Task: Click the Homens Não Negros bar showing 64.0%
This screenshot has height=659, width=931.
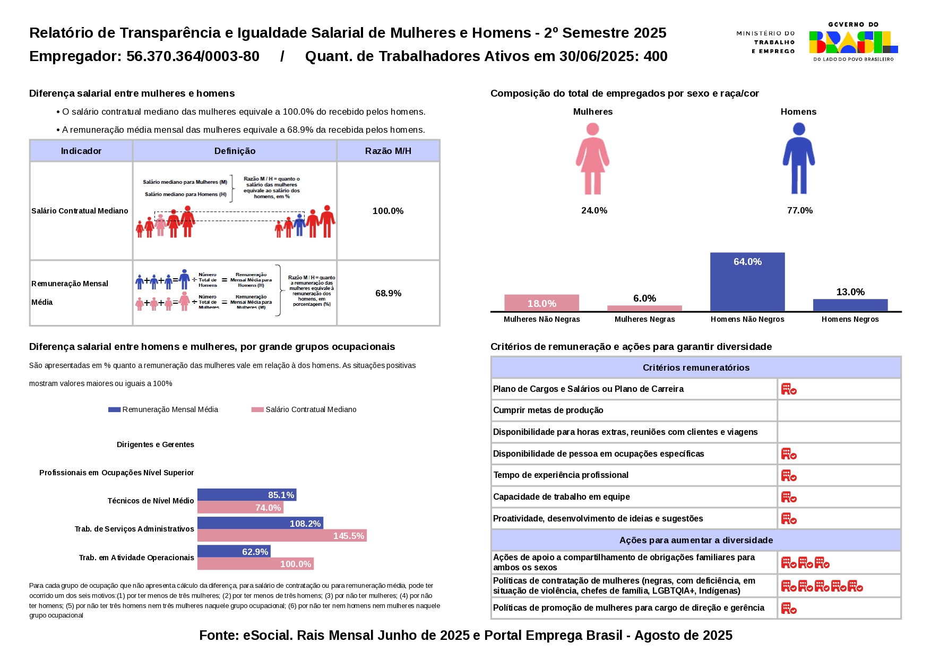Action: [747, 281]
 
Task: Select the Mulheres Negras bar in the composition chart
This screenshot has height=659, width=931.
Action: [644, 308]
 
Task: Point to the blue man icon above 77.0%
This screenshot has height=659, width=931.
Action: [798, 158]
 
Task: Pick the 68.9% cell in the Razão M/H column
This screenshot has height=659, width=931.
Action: [388, 293]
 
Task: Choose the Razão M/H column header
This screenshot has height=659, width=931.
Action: [388, 151]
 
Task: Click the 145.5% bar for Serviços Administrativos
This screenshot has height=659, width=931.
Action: [282, 535]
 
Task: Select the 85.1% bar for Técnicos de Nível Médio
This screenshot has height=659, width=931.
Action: [247, 495]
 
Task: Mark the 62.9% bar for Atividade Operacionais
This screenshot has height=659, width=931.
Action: [234, 551]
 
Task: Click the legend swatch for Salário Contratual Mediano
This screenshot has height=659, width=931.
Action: [257, 409]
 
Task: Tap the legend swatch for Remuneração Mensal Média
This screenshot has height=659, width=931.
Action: [114, 409]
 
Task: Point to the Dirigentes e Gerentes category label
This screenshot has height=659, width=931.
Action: [156, 444]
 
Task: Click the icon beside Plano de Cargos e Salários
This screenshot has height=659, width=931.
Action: [789, 389]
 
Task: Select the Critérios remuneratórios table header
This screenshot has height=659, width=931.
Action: [696, 367]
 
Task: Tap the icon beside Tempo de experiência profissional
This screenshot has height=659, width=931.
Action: [789, 475]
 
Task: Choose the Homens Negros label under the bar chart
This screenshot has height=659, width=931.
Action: [850, 319]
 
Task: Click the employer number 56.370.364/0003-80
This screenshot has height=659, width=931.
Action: [193, 56]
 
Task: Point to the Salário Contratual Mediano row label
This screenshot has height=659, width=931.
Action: [80, 211]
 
